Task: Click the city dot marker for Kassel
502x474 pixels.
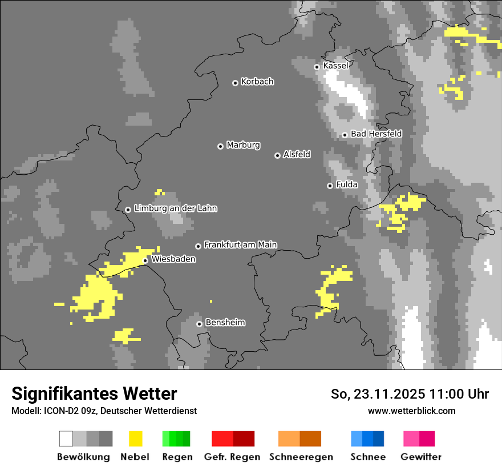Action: click(317, 67)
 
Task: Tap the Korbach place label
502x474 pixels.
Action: click(257, 82)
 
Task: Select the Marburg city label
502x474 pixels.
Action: click(243, 145)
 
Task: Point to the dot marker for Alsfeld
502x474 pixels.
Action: click(277, 155)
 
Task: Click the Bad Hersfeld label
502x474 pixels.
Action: click(376, 134)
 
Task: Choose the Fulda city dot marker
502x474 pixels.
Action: click(330, 186)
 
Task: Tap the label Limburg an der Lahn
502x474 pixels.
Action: click(175, 208)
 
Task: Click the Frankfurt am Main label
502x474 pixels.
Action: click(240, 245)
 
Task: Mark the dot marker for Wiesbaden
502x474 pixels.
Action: click(145, 260)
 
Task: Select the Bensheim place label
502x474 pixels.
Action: click(225, 323)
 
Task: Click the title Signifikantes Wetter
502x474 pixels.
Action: click(94, 393)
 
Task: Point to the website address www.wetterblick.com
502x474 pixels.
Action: click(411, 411)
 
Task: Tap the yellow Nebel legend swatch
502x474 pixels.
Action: click(135, 439)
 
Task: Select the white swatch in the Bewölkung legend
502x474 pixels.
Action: click(66, 439)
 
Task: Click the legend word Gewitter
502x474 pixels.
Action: click(420, 457)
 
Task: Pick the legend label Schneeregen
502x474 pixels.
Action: click(301, 457)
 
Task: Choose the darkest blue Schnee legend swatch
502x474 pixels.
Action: click(378, 439)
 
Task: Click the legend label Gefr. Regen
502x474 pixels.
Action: click(232, 457)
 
